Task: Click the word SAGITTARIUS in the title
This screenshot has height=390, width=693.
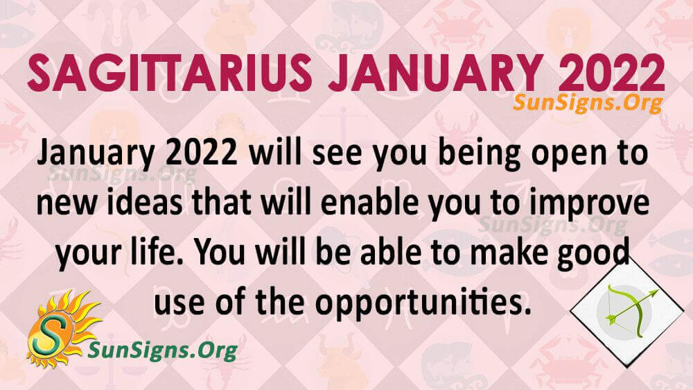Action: (170, 74)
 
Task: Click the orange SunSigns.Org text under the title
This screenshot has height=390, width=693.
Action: (588, 103)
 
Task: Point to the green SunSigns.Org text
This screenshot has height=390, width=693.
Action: (162, 350)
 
